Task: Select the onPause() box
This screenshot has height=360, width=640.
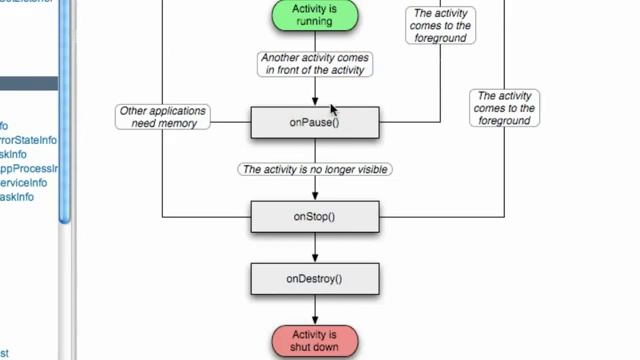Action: click(x=315, y=123)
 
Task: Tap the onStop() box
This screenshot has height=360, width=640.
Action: click(x=315, y=216)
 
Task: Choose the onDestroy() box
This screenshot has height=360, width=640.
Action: click(x=315, y=278)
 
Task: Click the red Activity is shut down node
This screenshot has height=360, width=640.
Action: click(x=315, y=340)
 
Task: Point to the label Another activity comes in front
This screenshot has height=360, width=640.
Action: click(x=315, y=65)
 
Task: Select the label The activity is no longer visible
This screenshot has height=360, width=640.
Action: click(x=315, y=170)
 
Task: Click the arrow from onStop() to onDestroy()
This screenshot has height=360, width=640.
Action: click(x=315, y=246)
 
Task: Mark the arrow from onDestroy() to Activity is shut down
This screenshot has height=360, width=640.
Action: click(x=315, y=308)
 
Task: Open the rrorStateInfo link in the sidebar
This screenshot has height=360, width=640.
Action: click(x=28, y=140)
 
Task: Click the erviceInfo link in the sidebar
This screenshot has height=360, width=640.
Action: click(x=24, y=183)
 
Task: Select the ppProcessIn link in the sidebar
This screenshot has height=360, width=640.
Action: click(x=28, y=169)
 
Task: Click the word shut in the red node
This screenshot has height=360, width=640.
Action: click(x=303, y=347)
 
